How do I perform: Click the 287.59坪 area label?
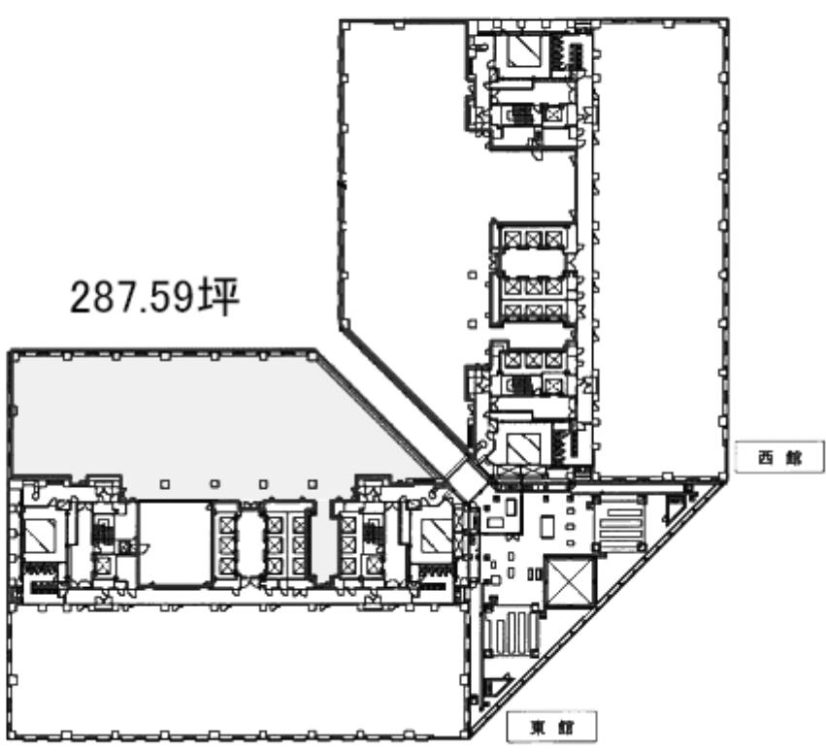click(x=154, y=297)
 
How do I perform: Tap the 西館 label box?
click(x=779, y=457)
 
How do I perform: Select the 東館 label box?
click(x=551, y=727)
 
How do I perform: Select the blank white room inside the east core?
click(x=175, y=542)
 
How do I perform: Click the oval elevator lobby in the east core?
click(x=248, y=543)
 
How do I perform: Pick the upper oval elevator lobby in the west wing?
click(x=533, y=262)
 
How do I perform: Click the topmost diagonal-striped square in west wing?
click(x=525, y=50)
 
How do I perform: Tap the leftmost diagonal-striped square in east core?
click(x=40, y=536)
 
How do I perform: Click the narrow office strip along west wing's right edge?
click(x=659, y=247)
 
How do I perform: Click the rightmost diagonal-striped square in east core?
click(x=436, y=536)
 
